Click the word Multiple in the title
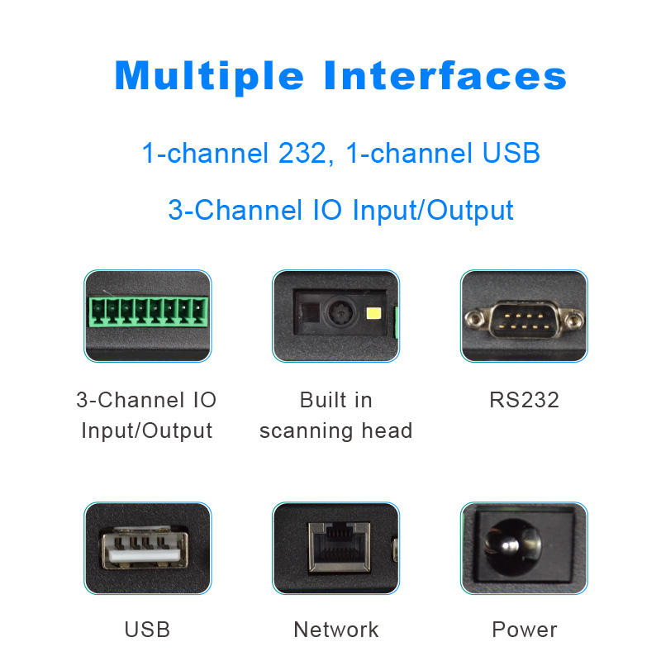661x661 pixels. pos(209,77)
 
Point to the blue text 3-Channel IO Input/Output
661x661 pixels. pos(340,209)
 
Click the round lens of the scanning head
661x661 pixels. pos(339,313)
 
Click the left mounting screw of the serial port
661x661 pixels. pos(475,317)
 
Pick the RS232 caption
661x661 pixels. pos(524,401)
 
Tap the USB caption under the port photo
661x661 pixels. pos(147,630)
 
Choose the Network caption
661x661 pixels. pos(335,630)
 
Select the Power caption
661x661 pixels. pos(524,630)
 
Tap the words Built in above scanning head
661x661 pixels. pos(335,401)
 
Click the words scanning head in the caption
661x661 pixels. pos(335,430)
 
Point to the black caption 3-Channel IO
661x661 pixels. pos(146,401)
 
